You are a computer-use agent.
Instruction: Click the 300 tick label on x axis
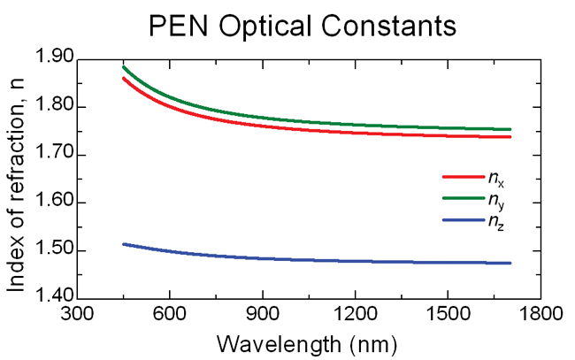[x=77, y=315]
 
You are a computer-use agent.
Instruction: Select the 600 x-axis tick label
[x=169, y=315]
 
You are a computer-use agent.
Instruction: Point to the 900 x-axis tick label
[x=262, y=315]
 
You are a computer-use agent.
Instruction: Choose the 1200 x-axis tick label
[x=354, y=315]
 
